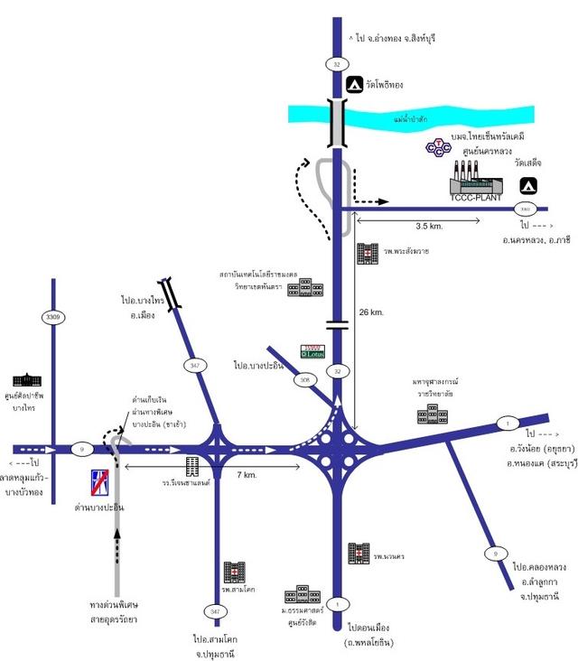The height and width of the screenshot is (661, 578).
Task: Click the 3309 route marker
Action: (x=53, y=317)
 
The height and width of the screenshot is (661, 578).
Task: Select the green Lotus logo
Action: (x=312, y=352)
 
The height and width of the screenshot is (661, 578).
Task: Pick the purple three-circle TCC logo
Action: (x=438, y=146)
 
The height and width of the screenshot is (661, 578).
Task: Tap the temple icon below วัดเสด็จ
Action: (x=527, y=185)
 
